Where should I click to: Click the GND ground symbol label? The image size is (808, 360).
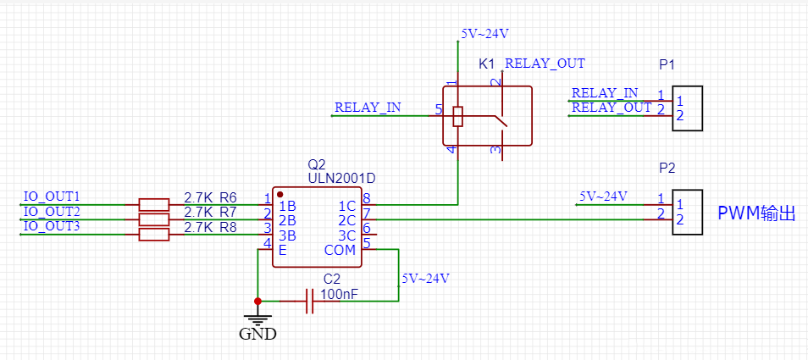257,334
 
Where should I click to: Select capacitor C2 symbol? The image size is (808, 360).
309,301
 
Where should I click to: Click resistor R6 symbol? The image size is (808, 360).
153,204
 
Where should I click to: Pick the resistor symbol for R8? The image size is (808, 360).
153,235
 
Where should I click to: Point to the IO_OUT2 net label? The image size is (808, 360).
52,212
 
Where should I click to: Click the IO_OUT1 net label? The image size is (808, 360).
52,197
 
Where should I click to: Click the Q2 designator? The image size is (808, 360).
317,164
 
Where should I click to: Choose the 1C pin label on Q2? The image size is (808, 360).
346,206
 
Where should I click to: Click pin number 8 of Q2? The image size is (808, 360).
367,198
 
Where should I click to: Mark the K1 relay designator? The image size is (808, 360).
487,64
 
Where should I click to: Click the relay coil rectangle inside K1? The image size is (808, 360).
457,116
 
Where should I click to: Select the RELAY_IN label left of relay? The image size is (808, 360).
368,108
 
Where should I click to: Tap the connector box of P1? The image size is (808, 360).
688,108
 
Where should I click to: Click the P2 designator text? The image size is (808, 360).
667,168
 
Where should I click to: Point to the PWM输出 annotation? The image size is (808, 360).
757,213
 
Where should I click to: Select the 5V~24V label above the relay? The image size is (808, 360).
484,34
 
